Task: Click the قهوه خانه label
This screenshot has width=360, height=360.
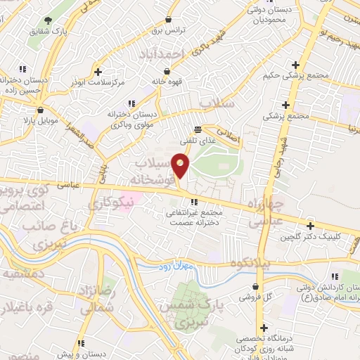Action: [x=167, y=82]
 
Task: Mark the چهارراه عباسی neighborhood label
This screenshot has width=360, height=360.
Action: [x=266, y=214]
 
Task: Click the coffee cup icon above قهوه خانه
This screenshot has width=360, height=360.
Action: [x=167, y=71]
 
